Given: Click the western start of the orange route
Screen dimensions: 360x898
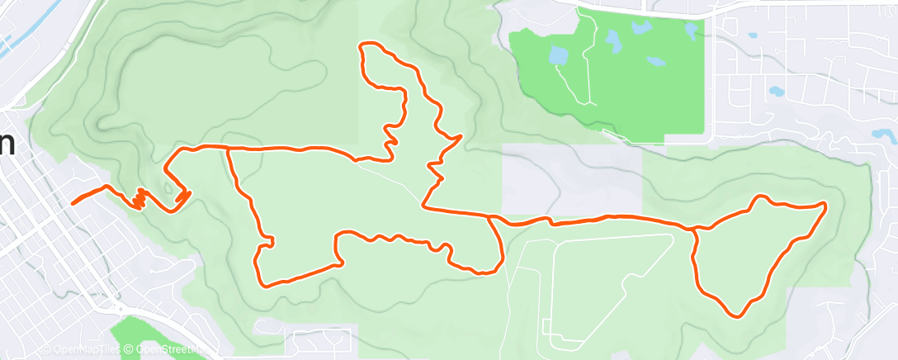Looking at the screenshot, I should pyautogui.click(x=73, y=202).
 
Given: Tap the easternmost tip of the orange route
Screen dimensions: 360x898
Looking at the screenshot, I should pyautogui.click(x=825, y=203).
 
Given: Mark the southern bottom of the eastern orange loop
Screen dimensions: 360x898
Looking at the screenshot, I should pyautogui.click(x=736, y=315).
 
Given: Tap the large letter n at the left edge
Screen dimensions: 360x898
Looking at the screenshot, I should pyautogui.click(x=7, y=142).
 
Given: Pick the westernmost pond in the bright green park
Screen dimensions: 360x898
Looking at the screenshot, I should pyautogui.click(x=558, y=56).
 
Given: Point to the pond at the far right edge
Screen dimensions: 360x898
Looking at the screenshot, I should pyautogui.click(x=883, y=134).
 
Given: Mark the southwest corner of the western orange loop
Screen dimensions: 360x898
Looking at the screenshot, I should pyautogui.click(x=263, y=285).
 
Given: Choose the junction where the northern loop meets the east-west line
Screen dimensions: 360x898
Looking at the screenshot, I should pyautogui.click(x=424, y=206).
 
